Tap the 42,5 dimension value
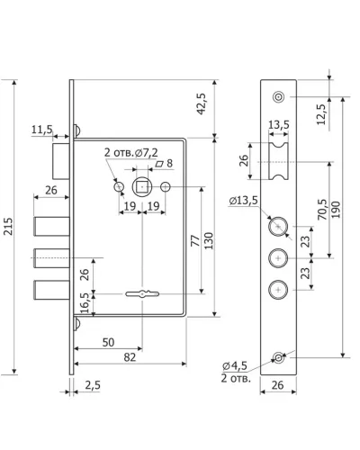pyautogui.click(x=202, y=103)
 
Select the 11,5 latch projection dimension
pyautogui.click(x=42, y=130)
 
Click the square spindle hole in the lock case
pyautogui.click(x=142, y=187)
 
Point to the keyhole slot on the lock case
pyautogui.click(x=142, y=293)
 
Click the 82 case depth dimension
pyautogui.click(x=130, y=357)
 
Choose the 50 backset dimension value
pyautogui.click(x=108, y=342)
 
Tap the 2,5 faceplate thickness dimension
pyautogui.click(x=93, y=385)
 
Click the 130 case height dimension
pyautogui.click(x=209, y=240)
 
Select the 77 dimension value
pyautogui.click(x=195, y=240)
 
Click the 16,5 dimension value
pyautogui.click(x=85, y=302)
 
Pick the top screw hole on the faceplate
pyautogui.click(x=278, y=97)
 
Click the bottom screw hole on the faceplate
pyautogui.click(x=278, y=358)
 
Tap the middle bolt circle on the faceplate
pyautogui.click(x=278, y=258)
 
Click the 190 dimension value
pyautogui.click(x=336, y=210)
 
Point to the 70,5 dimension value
pyautogui.click(x=323, y=209)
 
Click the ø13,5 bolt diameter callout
pyautogui.click(x=243, y=201)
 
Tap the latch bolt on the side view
pyautogui.click(x=61, y=161)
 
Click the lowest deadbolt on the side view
pyautogui.click(x=52, y=290)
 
